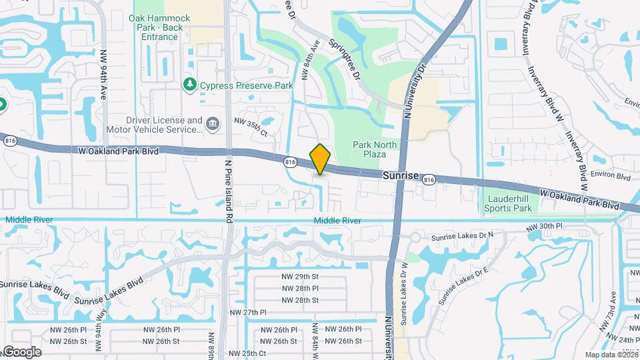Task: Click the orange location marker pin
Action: tap(321, 159)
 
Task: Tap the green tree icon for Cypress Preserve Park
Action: tap(190, 85)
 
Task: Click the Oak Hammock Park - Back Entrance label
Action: tap(160, 27)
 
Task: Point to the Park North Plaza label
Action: tap(374, 149)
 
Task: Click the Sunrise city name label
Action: tap(400, 175)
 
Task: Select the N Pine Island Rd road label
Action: tap(228, 191)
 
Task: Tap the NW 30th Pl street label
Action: tap(544, 227)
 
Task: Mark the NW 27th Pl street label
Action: tap(249, 312)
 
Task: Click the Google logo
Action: tap(22, 352)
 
